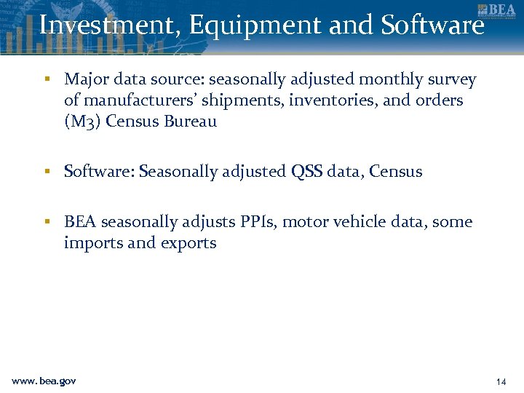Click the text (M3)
(82, 122)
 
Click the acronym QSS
(306, 172)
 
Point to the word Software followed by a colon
(99, 172)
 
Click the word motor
(305, 222)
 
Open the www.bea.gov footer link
(44, 381)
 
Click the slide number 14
(500, 381)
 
